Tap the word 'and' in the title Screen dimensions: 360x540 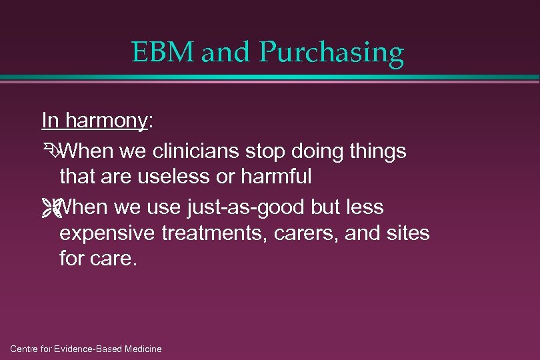click(223, 52)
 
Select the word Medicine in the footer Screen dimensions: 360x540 click(141, 349)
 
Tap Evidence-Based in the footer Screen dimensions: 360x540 click(85, 349)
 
